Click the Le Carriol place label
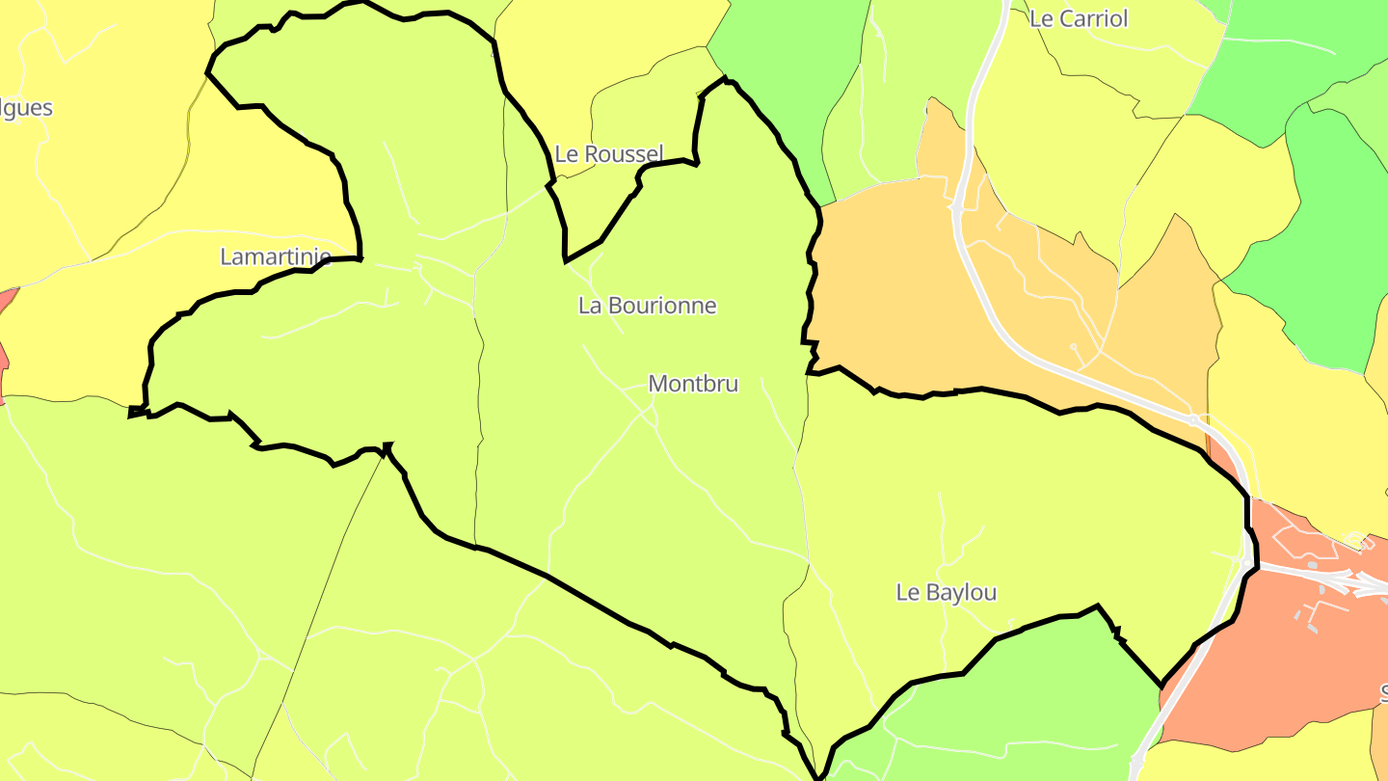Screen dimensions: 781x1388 (x=1078, y=18)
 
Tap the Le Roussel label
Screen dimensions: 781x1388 (x=609, y=153)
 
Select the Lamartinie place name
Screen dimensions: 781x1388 (x=276, y=256)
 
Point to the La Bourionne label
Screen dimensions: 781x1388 (x=647, y=306)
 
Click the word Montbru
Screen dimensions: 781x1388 (x=693, y=384)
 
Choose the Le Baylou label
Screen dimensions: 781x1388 (x=946, y=592)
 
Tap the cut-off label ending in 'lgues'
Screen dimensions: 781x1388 (x=25, y=107)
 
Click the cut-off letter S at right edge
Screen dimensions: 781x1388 (x=1383, y=692)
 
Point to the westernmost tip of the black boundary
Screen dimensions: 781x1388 (x=130, y=415)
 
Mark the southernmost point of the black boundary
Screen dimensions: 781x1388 (x=818, y=776)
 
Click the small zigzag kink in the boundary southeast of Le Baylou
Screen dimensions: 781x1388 (x=1117, y=633)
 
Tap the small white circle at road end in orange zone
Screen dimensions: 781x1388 (x=1073, y=346)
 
